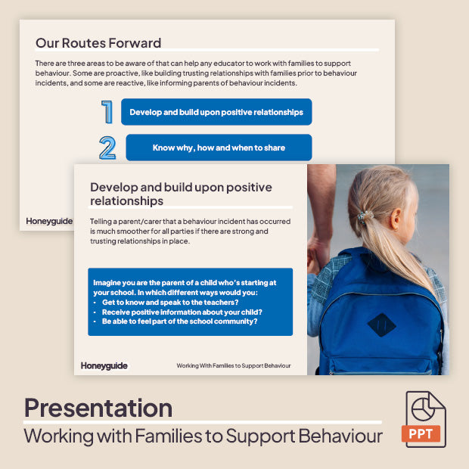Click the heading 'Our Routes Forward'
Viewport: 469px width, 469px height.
pos(98,43)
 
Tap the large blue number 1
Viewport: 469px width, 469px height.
pos(107,112)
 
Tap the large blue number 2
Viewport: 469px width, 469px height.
pos(107,148)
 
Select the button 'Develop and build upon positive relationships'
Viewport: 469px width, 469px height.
pos(216,112)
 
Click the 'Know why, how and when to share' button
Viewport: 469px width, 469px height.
pos(219,148)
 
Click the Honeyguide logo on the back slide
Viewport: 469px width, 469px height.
pos(49,221)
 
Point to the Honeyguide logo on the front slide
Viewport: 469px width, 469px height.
pos(104,365)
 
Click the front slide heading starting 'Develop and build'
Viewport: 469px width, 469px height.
pos(181,194)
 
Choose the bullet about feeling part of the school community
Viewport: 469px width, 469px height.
pos(179,321)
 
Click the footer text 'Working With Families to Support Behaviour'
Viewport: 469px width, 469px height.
pos(234,366)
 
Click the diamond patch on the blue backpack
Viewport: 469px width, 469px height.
pos(381,325)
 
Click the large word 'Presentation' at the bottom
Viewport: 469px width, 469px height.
pos(98,408)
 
